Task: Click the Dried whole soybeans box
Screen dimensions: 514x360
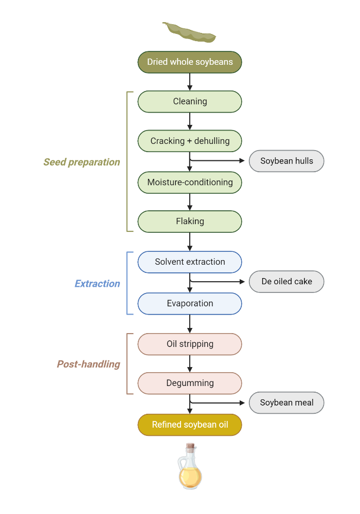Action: click(x=190, y=62)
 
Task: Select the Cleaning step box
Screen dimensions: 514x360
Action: click(x=190, y=101)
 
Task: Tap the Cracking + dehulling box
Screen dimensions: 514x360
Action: click(x=190, y=141)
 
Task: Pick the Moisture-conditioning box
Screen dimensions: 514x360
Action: click(x=190, y=182)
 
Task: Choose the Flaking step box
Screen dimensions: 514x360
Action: click(x=190, y=222)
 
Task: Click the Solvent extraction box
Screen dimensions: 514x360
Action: click(x=190, y=262)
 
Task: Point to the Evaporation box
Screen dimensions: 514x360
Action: click(x=190, y=303)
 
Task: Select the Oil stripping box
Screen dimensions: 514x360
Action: click(x=190, y=344)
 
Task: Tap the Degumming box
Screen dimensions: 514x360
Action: click(x=190, y=383)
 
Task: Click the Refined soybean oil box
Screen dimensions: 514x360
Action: click(x=190, y=425)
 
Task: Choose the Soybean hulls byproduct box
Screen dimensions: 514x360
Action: click(x=286, y=161)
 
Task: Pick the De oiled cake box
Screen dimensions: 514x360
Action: click(x=286, y=282)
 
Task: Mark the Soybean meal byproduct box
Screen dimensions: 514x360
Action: click(x=286, y=402)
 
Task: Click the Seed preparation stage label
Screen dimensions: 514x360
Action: click(x=81, y=162)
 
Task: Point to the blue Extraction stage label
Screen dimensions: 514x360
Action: click(x=97, y=284)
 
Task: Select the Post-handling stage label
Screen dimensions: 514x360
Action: click(x=88, y=364)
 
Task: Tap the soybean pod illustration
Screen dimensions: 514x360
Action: click(x=189, y=32)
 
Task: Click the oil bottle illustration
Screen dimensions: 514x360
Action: click(x=190, y=470)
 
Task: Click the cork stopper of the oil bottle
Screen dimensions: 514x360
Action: click(x=190, y=446)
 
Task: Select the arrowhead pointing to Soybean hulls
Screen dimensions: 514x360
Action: click(x=243, y=160)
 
